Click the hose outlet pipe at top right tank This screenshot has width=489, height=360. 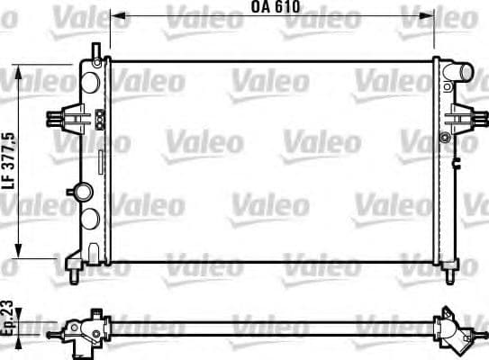click(462, 71)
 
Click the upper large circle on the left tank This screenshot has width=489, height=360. click(89, 79)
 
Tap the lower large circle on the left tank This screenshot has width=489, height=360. click(89, 218)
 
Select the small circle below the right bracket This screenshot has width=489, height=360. click(444, 137)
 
